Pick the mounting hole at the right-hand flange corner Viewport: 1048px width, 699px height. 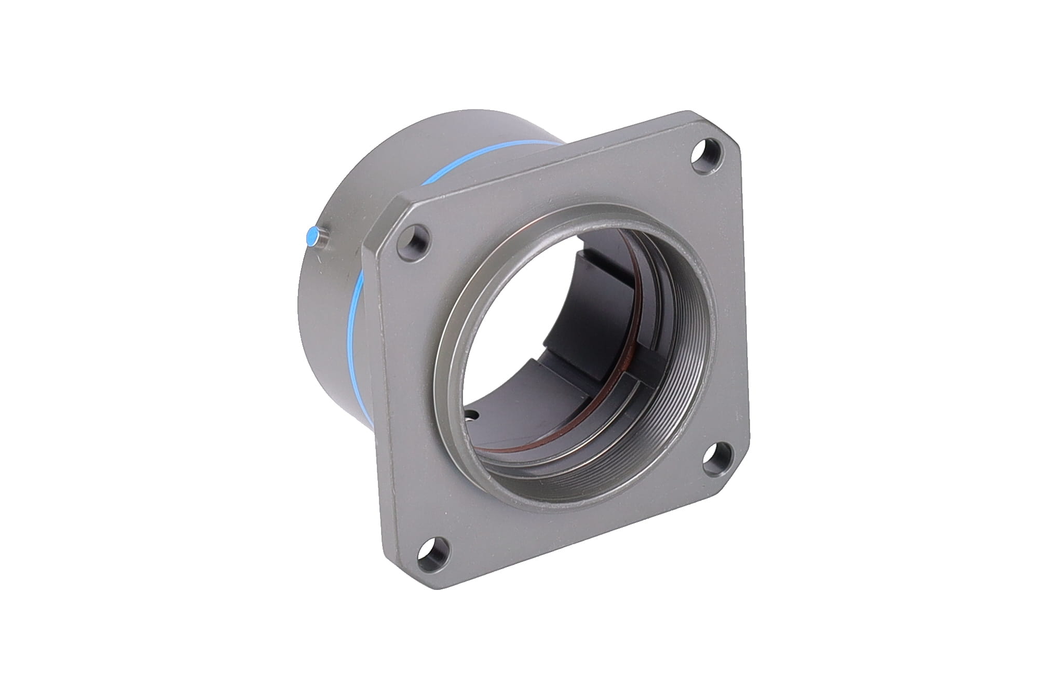click(x=717, y=456)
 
